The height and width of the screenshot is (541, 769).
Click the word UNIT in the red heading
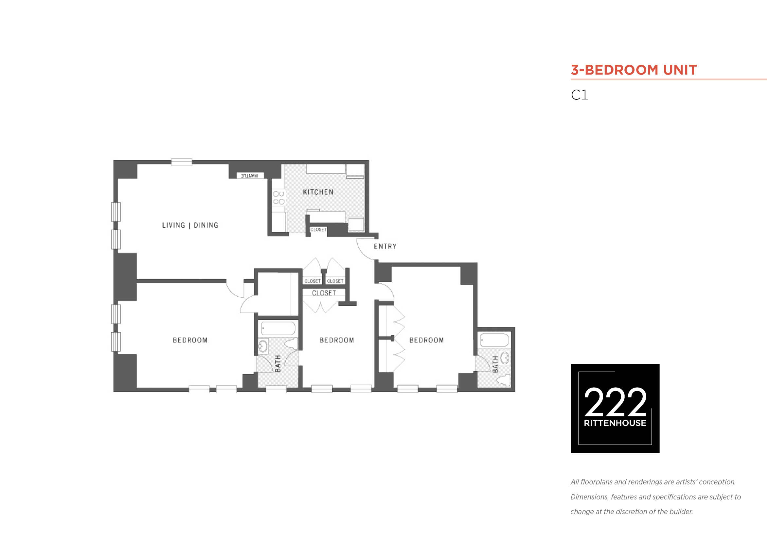tap(680, 70)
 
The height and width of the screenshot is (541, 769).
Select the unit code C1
tap(580, 95)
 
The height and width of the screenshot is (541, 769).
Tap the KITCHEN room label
tap(318, 192)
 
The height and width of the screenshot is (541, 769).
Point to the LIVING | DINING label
tap(190, 225)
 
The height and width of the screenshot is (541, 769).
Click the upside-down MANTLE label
tap(250, 176)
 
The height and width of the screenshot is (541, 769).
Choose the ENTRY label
tap(385, 246)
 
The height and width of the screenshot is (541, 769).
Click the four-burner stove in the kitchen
tap(279, 198)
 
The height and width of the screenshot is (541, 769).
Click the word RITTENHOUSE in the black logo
tap(615, 423)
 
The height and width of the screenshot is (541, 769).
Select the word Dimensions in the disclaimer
tap(589, 497)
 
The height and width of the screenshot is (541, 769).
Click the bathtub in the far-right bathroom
tap(494, 340)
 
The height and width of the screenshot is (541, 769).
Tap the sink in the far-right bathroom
tap(505, 358)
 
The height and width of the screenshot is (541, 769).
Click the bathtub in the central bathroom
tap(278, 328)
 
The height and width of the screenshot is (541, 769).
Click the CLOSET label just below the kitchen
tap(318, 230)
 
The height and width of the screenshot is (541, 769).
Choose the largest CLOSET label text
tap(324, 293)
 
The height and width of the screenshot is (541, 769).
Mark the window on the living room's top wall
tap(182, 162)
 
